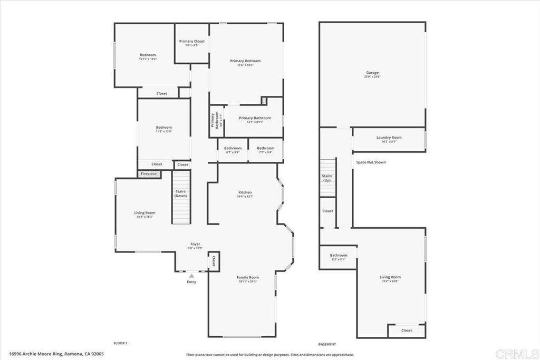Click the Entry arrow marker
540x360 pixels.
click(191, 275)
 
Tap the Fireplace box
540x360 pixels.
click(149, 173)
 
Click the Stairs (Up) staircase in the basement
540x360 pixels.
click(327, 177)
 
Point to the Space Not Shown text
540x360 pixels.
click(371, 162)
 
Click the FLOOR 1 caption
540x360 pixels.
click(121, 343)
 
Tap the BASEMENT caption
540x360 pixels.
click(327, 344)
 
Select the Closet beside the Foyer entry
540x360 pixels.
click(214, 261)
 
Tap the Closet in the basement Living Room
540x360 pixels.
click(407, 330)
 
